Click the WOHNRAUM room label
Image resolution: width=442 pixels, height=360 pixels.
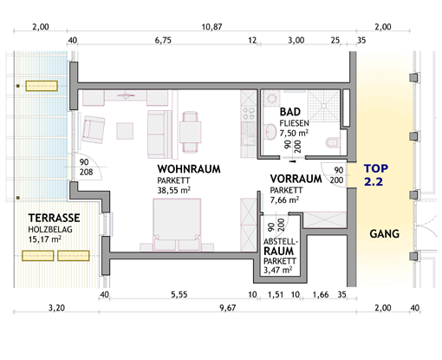pos(189,169)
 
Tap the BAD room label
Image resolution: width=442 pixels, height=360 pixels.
pos(290,112)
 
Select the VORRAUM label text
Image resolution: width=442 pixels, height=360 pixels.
pos(296,179)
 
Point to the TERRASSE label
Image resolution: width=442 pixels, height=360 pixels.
pos(54,218)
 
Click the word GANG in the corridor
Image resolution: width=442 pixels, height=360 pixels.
pos(385,233)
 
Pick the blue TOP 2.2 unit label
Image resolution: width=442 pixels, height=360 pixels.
pos(376,175)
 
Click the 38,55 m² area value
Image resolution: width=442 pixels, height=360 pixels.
pos(174,190)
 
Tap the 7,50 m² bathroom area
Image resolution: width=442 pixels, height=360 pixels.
pos(294,133)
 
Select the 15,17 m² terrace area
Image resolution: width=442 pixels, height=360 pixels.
pos(45,239)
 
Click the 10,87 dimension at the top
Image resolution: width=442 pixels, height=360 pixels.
pos(211,27)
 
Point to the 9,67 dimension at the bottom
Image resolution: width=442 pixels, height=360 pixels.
pos(228,308)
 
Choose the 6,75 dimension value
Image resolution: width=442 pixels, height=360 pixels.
pos(163,40)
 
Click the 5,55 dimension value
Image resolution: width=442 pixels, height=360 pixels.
pos(179,295)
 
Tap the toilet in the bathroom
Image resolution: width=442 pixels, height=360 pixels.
pos(332,142)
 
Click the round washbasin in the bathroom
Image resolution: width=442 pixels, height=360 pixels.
pos(270,132)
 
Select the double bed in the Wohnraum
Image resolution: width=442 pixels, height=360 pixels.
pos(177,224)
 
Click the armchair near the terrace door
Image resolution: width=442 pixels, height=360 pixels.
pos(94,129)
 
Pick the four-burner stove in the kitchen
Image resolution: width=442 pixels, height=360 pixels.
pos(249,114)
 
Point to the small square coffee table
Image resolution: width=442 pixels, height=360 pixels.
pos(125,131)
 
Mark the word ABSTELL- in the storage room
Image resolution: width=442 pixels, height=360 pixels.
pos(281,241)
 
